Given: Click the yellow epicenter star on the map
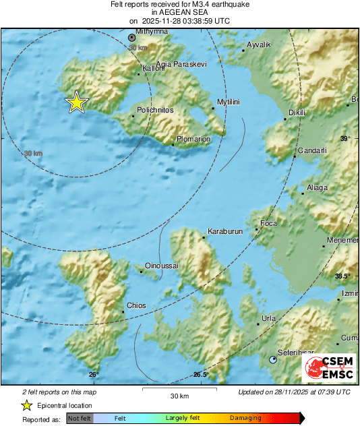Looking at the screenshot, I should point(77,102).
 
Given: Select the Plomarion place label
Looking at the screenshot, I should point(193,140).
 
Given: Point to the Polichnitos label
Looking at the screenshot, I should point(155,109).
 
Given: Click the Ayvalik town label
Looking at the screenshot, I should point(258,44).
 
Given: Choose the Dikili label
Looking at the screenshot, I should point(297,112).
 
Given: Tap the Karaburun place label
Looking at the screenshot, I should point(224,231).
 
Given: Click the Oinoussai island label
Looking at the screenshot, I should point(162,266).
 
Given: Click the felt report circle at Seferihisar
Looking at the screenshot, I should point(273,360).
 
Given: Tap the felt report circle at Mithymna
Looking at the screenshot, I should point(132,38).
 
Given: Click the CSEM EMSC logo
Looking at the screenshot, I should point(328,367).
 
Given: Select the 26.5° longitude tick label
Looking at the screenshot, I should point(201,375).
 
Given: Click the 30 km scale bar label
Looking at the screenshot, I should point(179,395).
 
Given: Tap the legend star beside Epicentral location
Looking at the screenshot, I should point(27,405).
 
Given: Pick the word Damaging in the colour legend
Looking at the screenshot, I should point(245,418).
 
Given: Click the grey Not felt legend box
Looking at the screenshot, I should point(79,418).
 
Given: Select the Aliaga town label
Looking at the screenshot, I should point(316,187).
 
